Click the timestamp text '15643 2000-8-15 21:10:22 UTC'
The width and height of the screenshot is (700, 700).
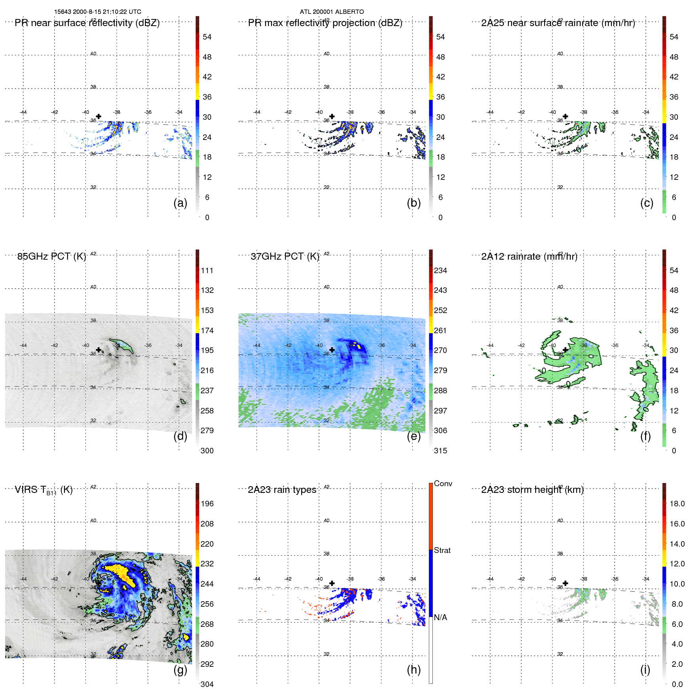[x=98, y=12]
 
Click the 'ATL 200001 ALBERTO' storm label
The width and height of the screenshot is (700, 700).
[x=332, y=12]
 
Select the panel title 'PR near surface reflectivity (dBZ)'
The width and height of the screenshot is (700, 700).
[x=87, y=23]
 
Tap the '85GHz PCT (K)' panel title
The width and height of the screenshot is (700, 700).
[x=51, y=257]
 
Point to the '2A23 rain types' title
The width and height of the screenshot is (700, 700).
[x=282, y=490]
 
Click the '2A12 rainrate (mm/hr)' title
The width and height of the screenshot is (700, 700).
[x=529, y=257]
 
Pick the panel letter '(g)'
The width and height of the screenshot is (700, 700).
[x=180, y=670]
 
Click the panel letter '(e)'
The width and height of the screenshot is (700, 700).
[x=413, y=436]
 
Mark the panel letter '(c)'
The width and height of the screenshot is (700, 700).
[x=647, y=203]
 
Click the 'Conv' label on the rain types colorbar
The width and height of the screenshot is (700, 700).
[x=443, y=483]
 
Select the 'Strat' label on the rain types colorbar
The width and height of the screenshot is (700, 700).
[x=442, y=550]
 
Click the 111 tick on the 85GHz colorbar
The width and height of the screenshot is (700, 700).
[x=207, y=270]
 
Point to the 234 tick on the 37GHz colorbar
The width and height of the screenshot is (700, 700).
[x=440, y=270]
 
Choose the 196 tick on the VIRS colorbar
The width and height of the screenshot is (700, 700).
[x=207, y=504]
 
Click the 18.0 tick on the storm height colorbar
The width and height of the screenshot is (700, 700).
[x=677, y=504]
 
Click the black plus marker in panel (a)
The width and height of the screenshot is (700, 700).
[x=98, y=116]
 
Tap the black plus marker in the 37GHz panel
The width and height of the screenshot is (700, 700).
[x=332, y=350]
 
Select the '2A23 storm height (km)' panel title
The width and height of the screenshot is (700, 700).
[x=532, y=490]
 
